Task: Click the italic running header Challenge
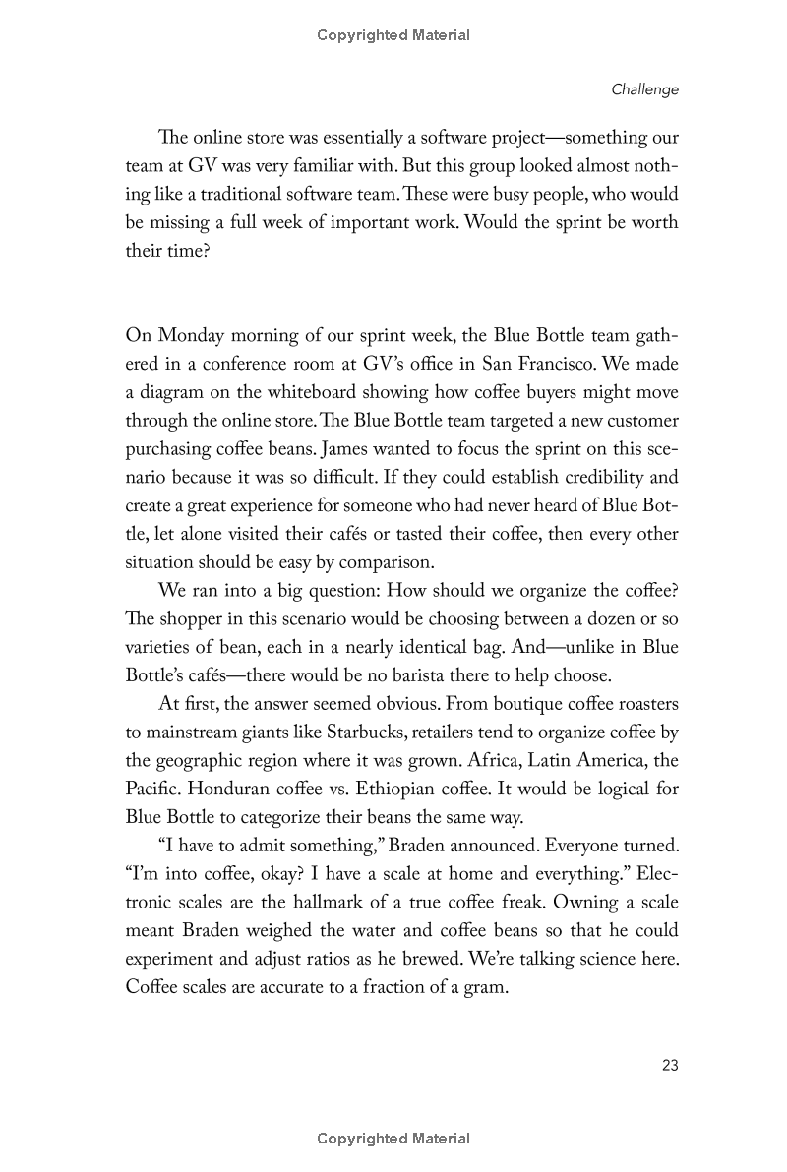click(x=644, y=89)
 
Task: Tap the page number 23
click(x=670, y=1065)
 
